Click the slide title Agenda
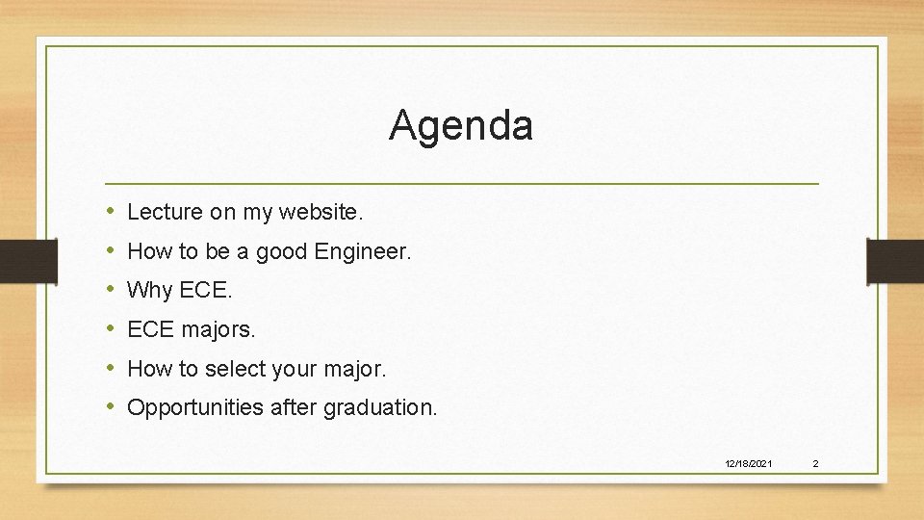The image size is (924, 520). (x=460, y=125)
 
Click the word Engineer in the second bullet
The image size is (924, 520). (x=363, y=252)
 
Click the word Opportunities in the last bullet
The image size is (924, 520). (x=194, y=407)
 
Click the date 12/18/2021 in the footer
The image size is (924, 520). (x=748, y=464)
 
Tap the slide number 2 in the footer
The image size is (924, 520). (x=815, y=464)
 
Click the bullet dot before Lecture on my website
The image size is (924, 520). (x=112, y=211)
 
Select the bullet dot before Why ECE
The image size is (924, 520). (x=112, y=289)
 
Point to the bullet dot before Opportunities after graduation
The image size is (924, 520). (x=112, y=406)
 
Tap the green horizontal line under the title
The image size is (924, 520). (x=462, y=183)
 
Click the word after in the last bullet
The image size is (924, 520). (x=294, y=407)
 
